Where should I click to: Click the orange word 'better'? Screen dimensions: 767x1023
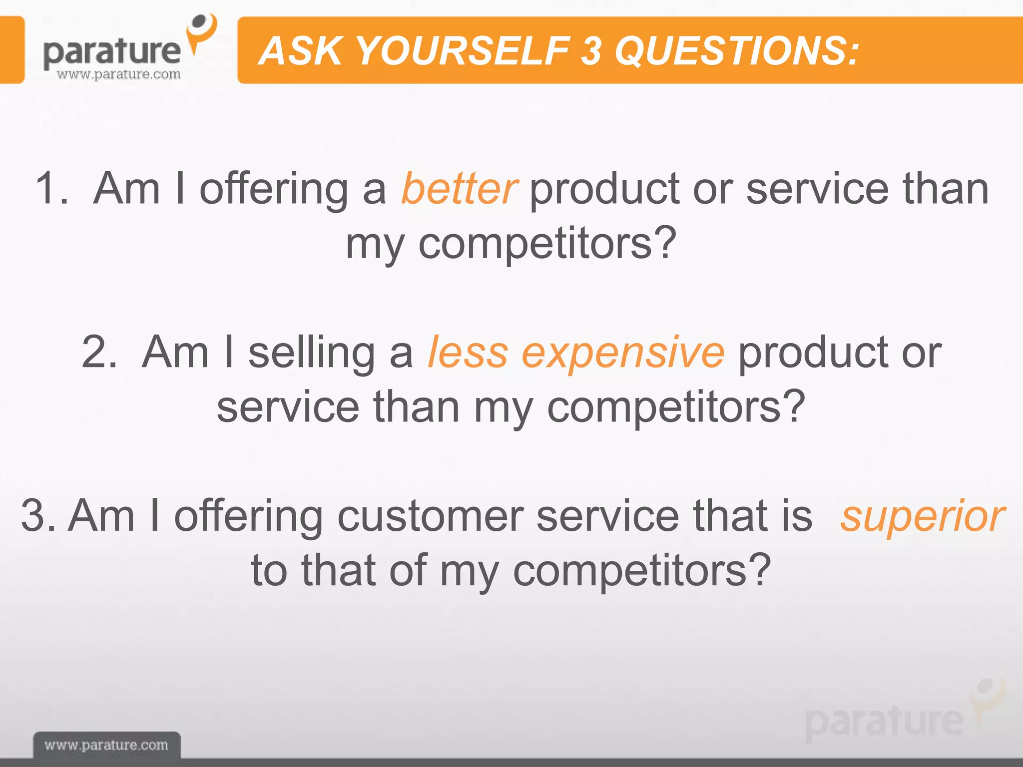tap(459, 189)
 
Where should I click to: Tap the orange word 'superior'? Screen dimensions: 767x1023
tap(922, 516)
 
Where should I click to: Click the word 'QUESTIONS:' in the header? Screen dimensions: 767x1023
tap(736, 51)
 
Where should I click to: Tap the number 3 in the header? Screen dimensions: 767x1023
tap(591, 51)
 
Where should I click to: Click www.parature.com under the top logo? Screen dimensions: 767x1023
tap(118, 75)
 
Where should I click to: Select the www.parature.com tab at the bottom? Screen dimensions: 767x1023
tap(106, 746)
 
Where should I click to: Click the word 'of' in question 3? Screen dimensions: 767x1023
tap(408, 570)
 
